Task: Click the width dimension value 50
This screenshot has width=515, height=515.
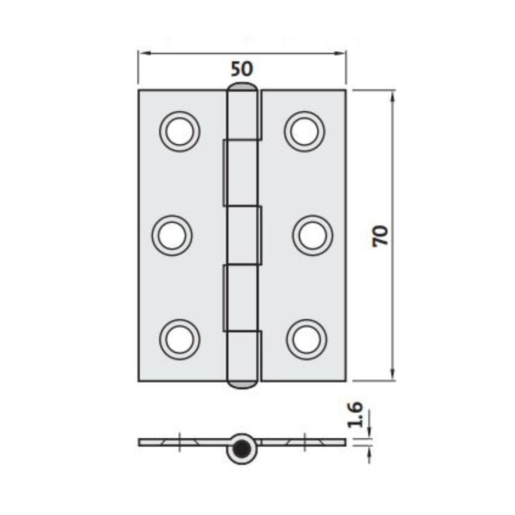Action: pyautogui.click(x=242, y=68)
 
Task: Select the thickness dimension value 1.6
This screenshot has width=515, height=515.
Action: pyautogui.click(x=355, y=416)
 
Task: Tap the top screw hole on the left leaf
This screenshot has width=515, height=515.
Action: pyautogui.click(x=180, y=131)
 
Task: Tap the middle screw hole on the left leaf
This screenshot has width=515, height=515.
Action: pyautogui.click(x=172, y=235)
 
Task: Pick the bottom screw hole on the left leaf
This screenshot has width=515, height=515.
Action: pyautogui.click(x=180, y=339)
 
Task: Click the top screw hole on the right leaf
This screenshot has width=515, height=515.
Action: pyautogui.click(x=304, y=131)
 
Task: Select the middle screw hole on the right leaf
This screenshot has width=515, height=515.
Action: pyautogui.click(x=313, y=235)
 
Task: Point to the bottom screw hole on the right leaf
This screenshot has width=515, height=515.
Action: pyautogui.click(x=306, y=339)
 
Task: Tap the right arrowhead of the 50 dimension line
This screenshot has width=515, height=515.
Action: pyautogui.click(x=342, y=53)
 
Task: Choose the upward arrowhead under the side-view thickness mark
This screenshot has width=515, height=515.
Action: pyautogui.click(x=369, y=450)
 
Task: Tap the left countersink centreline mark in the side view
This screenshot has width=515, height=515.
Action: pyautogui.click(x=179, y=442)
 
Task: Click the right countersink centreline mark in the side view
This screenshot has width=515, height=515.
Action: pyautogui.click(x=305, y=442)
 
